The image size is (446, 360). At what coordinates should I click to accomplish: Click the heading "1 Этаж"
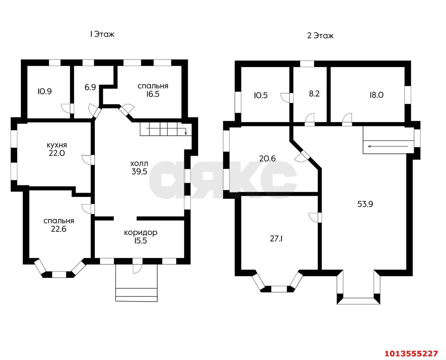click(x=102, y=34)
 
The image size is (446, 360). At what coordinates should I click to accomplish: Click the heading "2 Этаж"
click(x=320, y=36)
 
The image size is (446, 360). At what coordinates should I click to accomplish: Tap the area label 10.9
click(x=45, y=92)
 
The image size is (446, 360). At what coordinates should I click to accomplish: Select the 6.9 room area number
click(x=90, y=87)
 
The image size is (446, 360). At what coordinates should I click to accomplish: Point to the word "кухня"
click(x=57, y=145)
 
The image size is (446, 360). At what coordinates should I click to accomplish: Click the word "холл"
click(x=139, y=163)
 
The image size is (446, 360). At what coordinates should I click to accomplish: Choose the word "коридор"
click(x=140, y=233)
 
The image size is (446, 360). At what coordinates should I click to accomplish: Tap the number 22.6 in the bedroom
click(x=59, y=229)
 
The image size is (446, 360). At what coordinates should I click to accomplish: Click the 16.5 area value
click(x=153, y=94)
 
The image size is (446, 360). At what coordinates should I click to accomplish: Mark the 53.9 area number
click(x=365, y=204)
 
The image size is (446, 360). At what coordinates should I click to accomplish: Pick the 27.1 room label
click(x=276, y=239)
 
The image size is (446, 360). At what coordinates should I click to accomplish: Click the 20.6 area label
click(x=267, y=158)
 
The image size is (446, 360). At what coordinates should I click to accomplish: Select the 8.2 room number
click(x=314, y=94)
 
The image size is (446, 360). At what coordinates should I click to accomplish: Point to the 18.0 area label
click(x=376, y=95)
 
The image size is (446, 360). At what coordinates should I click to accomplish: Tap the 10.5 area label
click(x=261, y=95)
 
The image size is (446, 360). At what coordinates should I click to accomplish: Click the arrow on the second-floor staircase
click(x=388, y=146)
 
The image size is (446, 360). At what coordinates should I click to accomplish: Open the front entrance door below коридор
click(x=137, y=266)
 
